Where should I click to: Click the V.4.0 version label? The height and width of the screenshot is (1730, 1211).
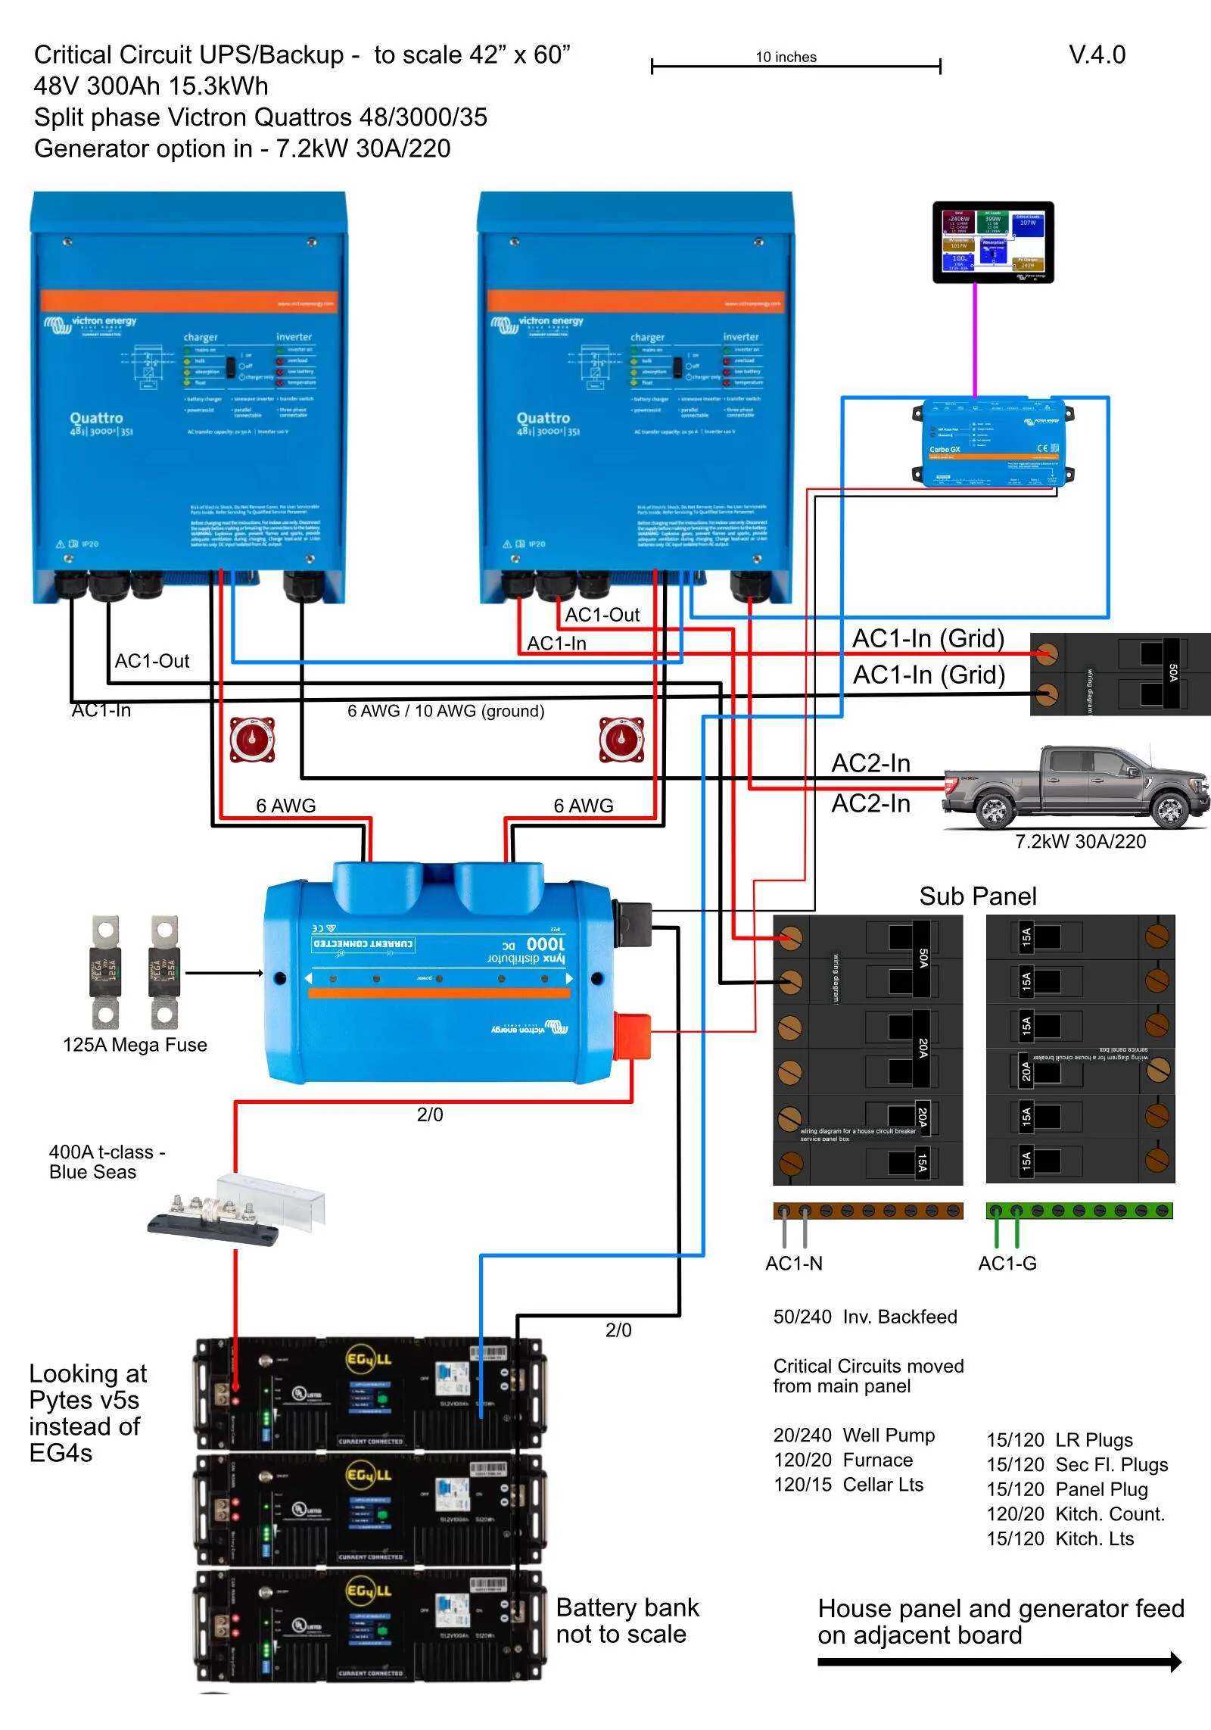click(x=1096, y=55)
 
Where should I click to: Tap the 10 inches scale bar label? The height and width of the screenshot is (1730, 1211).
click(x=786, y=57)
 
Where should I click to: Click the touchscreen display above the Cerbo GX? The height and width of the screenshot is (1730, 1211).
click(x=992, y=242)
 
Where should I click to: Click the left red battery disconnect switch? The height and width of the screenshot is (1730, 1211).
click(x=253, y=740)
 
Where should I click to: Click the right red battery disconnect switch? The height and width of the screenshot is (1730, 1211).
click(x=621, y=740)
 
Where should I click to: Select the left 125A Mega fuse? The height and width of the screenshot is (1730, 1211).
click(x=105, y=971)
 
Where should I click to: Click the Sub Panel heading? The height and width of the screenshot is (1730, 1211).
click(x=977, y=896)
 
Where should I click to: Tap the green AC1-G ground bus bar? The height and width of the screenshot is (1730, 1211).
click(x=1079, y=1211)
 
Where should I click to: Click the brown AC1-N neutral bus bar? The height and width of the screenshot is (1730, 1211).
click(x=867, y=1211)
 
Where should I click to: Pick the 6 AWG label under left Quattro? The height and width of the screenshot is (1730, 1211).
click(x=285, y=806)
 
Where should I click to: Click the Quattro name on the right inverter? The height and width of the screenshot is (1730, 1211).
click(x=543, y=418)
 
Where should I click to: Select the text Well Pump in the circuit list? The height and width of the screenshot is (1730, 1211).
click(x=889, y=1435)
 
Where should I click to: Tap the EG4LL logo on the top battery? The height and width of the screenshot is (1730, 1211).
click(x=369, y=1358)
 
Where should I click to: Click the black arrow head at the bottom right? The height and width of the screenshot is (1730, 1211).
click(x=1175, y=1662)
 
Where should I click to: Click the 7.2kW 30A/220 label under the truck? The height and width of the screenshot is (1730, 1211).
click(x=1080, y=841)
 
